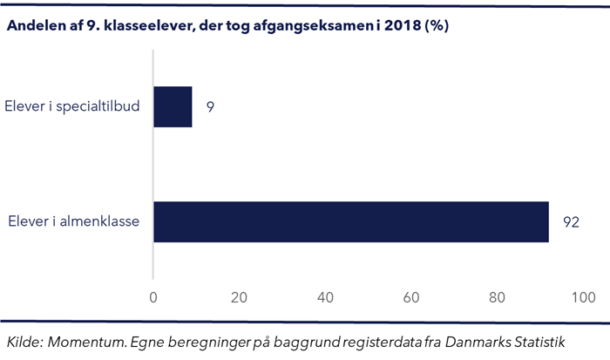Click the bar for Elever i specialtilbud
(173, 107)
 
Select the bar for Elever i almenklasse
(351, 221)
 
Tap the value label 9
(210, 107)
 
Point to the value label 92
(571, 221)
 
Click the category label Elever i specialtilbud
(73, 107)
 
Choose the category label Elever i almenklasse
(76, 221)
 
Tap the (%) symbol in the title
(436, 25)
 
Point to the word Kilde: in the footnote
(27, 340)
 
